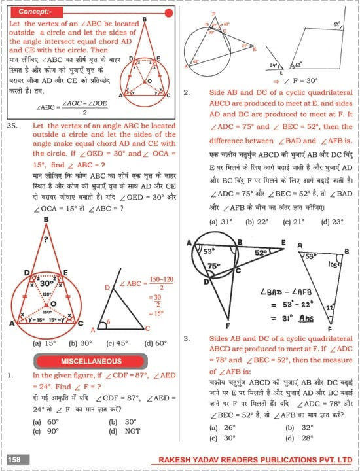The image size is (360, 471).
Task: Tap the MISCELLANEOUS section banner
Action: click(90, 361)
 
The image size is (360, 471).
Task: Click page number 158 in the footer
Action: click(14, 461)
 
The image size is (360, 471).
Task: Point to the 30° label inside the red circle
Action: click(46, 285)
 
